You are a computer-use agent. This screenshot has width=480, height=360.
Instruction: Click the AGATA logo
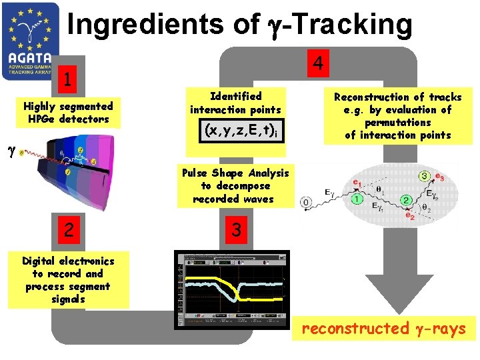tap(31, 41)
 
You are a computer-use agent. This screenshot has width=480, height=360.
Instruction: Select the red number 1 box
tap(66, 79)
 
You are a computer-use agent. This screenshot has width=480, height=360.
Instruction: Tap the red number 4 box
tap(319, 64)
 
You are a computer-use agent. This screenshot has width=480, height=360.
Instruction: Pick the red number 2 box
tap(66, 230)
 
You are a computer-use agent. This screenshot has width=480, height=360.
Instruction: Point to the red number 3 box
tap(235, 230)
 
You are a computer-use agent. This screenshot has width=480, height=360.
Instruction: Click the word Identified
tap(235, 96)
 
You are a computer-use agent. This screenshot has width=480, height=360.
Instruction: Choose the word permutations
tap(397, 123)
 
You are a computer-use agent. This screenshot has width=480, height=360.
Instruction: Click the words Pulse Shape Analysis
tap(235, 173)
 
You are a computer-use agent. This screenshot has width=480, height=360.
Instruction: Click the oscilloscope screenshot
tap(232, 289)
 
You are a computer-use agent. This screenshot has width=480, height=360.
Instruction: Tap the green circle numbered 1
tap(357, 198)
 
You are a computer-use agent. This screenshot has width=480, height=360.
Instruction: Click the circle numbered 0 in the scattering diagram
tap(307, 201)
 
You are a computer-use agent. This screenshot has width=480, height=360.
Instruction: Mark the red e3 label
tap(440, 177)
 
